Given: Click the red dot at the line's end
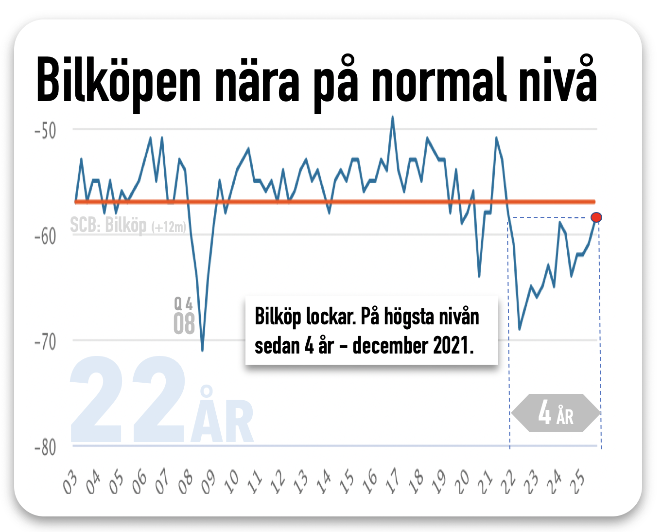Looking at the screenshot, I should tap(596, 217).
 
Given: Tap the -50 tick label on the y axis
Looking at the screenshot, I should tap(45, 131).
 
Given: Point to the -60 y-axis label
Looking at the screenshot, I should tap(45, 236).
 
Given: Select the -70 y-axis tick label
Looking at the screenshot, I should tap(45, 342).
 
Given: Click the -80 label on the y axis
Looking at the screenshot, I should tap(45, 447).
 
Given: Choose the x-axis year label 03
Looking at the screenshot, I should tap(70, 482).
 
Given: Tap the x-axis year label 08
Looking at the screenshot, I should tap(185, 482).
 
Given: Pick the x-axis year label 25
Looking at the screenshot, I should tap(578, 482).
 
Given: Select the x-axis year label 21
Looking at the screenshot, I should tap(485, 482).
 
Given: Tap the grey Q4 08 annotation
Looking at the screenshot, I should tap(184, 317).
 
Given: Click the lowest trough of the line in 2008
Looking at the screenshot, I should tap(202, 350).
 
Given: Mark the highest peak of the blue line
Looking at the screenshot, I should tap(393, 117).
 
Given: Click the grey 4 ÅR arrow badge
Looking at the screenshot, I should tap(556, 413).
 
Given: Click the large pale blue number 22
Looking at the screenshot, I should tap(127, 400).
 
